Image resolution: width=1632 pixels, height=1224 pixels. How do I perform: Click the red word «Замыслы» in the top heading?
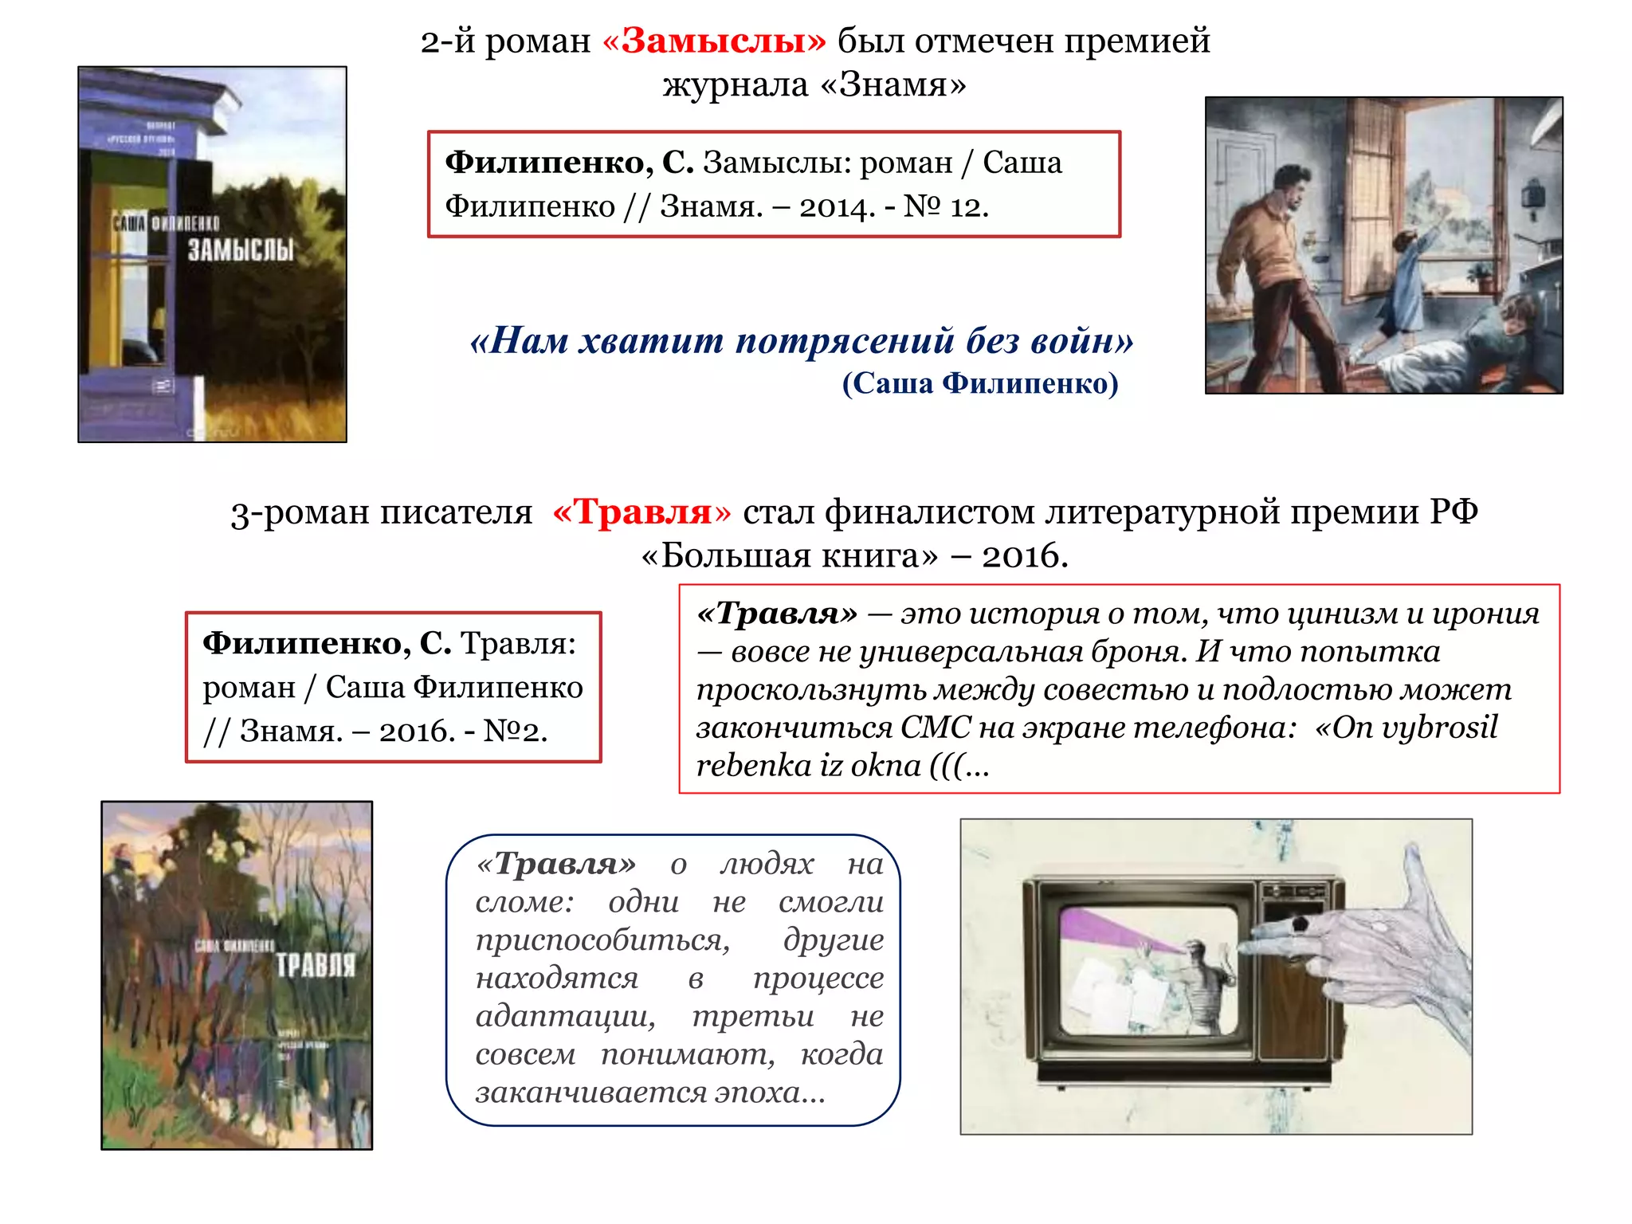pos(715,41)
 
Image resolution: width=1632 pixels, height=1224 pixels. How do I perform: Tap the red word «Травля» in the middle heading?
pos(641,512)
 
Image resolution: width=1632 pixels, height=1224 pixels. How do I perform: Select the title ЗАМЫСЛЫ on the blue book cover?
pos(241,251)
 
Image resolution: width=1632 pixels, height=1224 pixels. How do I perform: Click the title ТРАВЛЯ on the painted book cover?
pos(316,966)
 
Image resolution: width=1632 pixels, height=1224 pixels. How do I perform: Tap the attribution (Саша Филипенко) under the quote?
pos(980,384)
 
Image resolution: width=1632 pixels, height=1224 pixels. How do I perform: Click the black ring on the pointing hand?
pos(1300,924)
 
